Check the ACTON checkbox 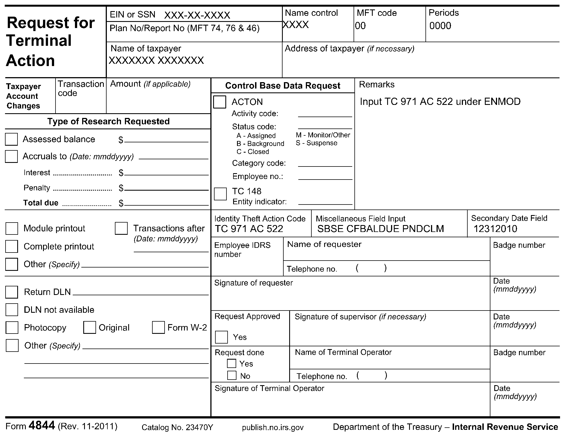tap(220, 102)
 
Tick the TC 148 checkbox tap(220, 194)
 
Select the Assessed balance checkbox tap(11, 139)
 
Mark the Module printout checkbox tap(12, 228)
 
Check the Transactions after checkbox tap(121, 228)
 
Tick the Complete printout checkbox tap(12, 246)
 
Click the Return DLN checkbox tap(12, 292)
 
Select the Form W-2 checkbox tap(158, 327)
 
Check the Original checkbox tap(90, 327)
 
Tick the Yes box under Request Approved tap(221, 337)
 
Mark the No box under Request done tap(232, 375)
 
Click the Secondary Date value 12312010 tap(495, 229)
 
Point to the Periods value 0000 tap(440, 26)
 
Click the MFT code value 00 tap(361, 26)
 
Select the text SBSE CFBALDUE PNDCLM tap(380, 229)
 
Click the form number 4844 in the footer tap(42, 426)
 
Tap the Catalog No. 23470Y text tap(177, 427)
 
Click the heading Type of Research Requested tap(108, 121)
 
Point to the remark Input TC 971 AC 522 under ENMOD tap(440, 102)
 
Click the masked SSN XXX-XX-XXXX tap(197, 15)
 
